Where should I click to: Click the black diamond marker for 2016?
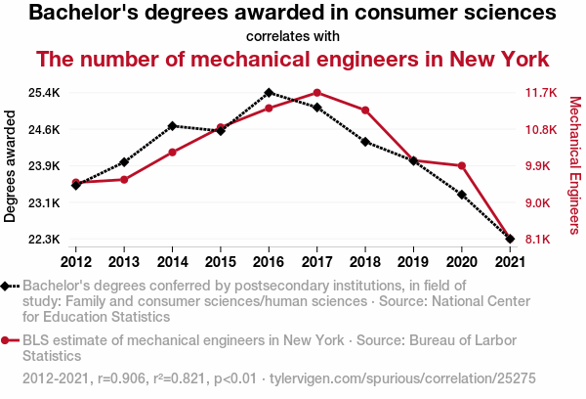269,93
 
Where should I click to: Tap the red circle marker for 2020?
461,166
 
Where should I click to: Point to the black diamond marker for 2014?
173,126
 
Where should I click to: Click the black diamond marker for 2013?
124,162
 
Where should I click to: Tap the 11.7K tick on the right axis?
540,93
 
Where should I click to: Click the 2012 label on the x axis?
76,261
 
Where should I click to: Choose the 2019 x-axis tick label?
413,261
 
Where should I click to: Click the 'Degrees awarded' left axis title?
11,166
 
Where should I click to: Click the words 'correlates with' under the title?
293,36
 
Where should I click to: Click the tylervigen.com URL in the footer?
402,377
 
